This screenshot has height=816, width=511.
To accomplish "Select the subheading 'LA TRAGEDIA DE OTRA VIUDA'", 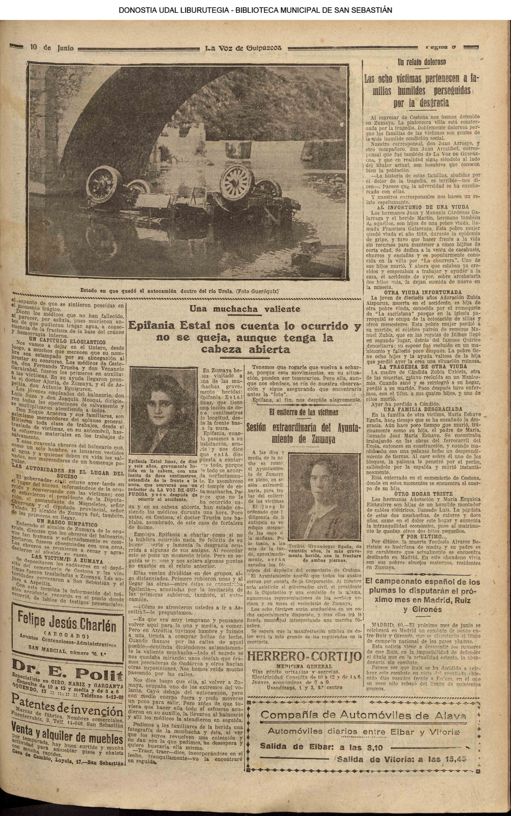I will click(x=422, y=366).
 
